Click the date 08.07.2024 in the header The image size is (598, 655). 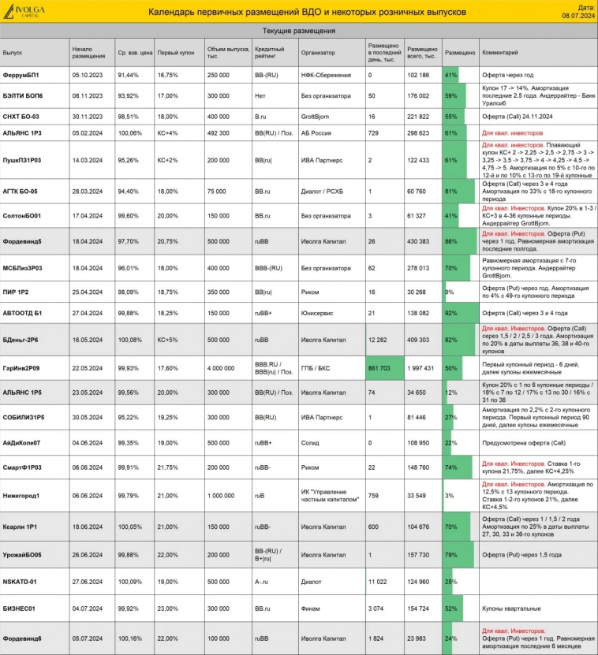(582, 14)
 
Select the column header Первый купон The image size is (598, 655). (171, 52)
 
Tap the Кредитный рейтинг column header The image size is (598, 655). (269, 52)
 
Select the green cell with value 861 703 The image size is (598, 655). (383, 367)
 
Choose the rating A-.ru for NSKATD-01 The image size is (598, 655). (262, 582)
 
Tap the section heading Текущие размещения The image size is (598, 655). (299, 31)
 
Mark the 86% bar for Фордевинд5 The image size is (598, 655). (459, 241)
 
